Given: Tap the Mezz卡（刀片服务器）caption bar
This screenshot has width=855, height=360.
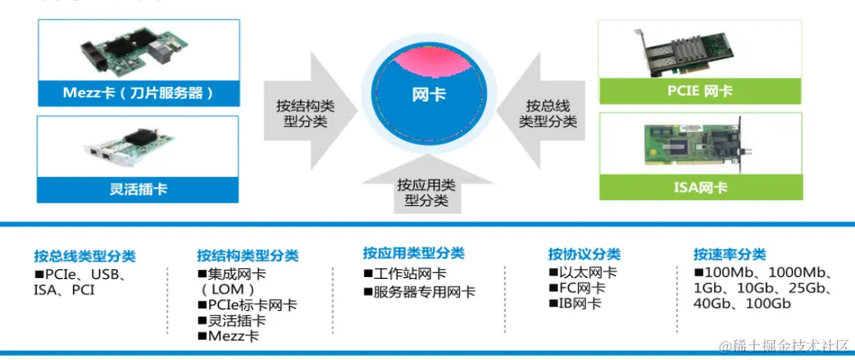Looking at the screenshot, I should click(138, 93).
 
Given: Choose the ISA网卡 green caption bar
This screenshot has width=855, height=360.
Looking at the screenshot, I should click(698, 187).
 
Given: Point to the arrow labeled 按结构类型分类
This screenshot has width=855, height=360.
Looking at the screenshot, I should click(307, 112).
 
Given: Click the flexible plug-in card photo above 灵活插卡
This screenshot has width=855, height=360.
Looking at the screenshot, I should click(138, 148).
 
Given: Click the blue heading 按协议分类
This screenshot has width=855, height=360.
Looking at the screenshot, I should click(584, 254).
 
